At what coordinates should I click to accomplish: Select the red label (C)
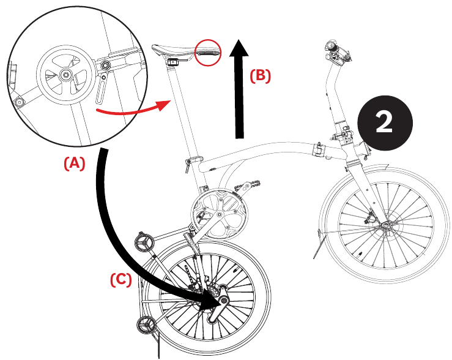coord(120,279)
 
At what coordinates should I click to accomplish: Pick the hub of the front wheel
coord(387,227)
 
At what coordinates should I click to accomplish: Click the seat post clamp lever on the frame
coord(189,162)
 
